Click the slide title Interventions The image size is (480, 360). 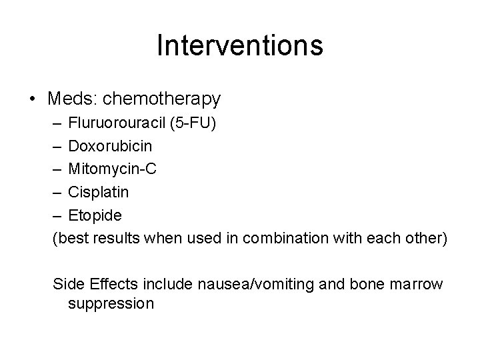coord(240,45)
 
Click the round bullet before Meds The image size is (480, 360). coord(33,100)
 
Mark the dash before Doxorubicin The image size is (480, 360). coord(57,145)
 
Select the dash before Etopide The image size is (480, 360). coord(57,215)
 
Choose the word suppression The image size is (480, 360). coord(111,303)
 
